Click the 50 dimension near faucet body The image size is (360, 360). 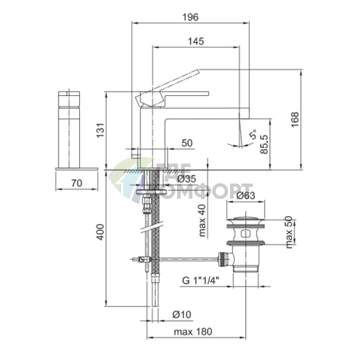[x=187, y=143]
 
